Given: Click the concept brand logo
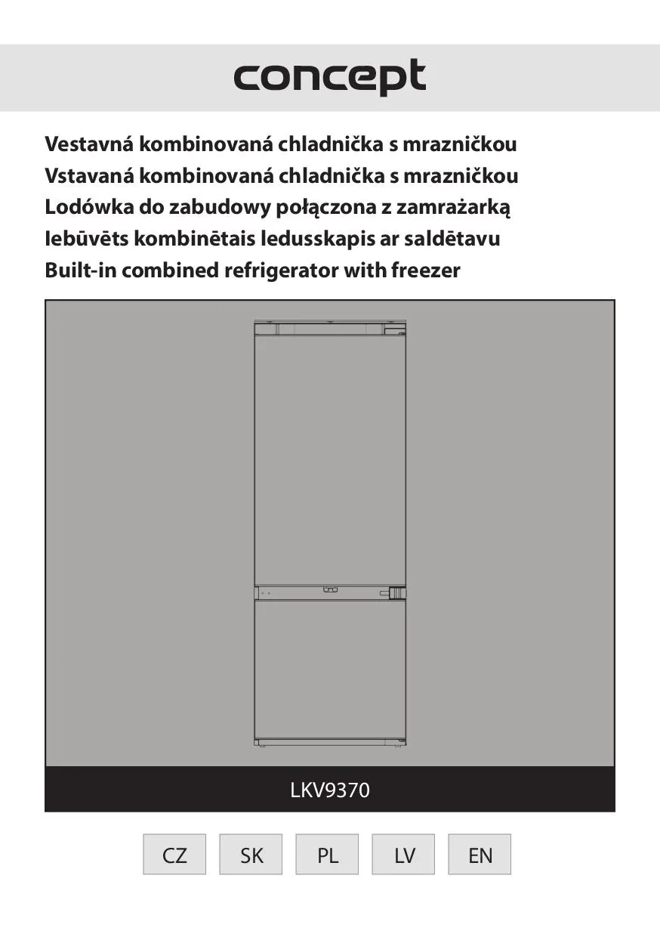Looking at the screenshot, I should pyautogui.click(x=329, y=77).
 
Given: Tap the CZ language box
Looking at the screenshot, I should pyautogui.click(x=174, y=855).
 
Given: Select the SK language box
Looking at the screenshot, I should pyautogui.click(x=251, y=855).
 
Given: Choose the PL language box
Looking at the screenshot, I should pyautogui.click(x=328, y=855).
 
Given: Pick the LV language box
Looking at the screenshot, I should pyautogui.click(x=404, y=855).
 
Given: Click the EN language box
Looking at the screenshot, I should pyautogui.click(x=480, y=855).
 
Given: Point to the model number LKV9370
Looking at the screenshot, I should pyautogui.click(x=330, y=790).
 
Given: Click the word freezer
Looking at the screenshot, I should pyautogui.click(x=425, y=271).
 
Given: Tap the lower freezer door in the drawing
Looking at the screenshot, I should pyautogui.click(x=330, y=668).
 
